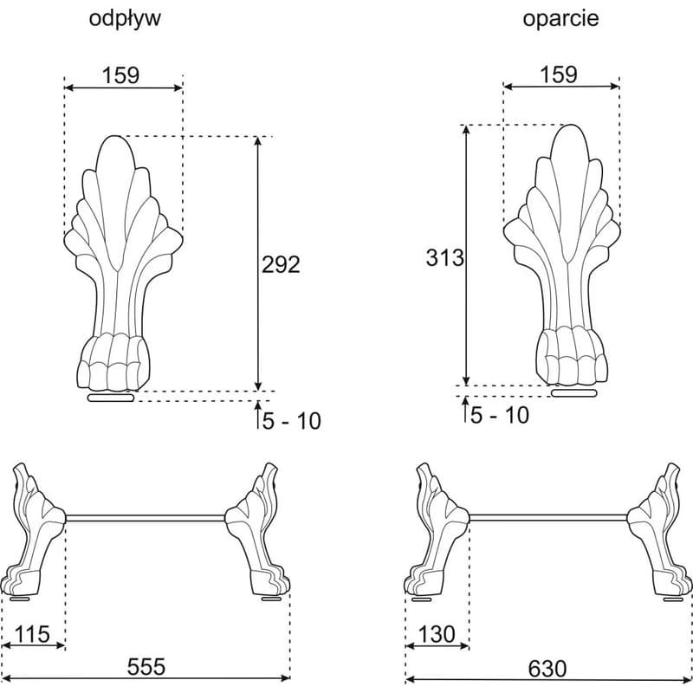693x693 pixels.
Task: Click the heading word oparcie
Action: [x=560, y=19]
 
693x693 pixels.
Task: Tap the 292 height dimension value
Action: [x=281, y=264]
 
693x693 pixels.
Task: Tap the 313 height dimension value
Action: [x=445, y=257]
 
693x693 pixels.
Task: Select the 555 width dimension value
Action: [x=146, y=666]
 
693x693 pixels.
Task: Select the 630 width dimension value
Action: [x=547, y=669]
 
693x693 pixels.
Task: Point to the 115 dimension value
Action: [x=33, y=635]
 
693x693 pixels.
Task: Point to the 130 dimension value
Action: [x=437, y=634]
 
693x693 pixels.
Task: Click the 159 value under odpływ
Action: [x=120, y=75]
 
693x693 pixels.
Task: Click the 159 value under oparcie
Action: [x=558, y=74]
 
